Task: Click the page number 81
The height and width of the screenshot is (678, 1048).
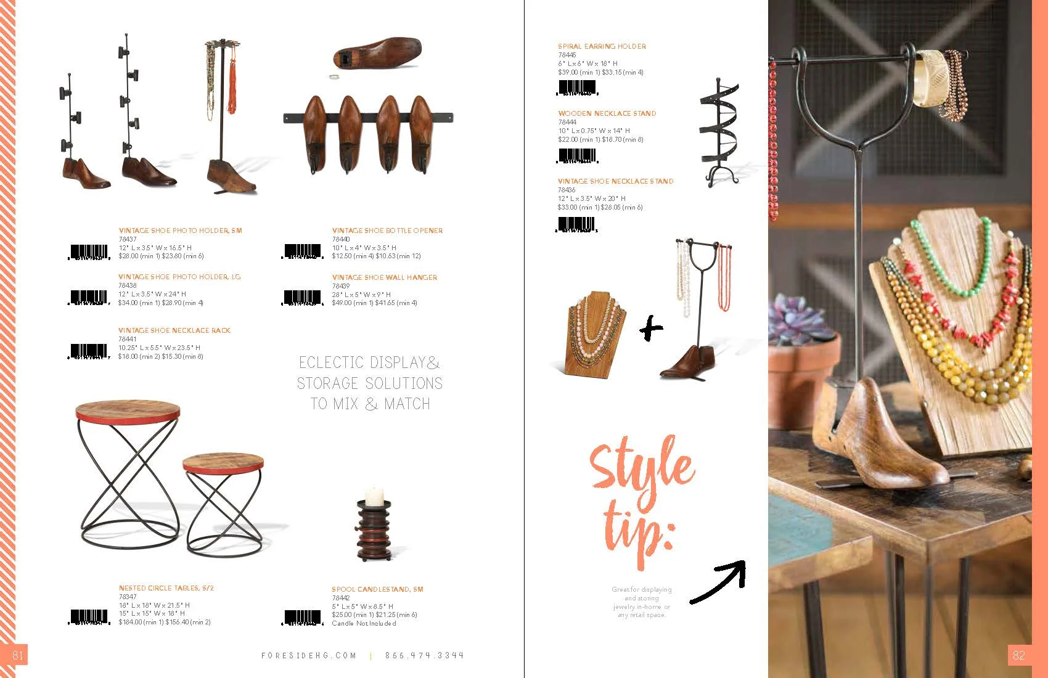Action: click(x=17, y=655)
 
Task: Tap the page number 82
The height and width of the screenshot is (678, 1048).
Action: click(x=1018, y=655)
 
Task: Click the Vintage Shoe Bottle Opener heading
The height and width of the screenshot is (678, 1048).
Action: click(x=387, y=231)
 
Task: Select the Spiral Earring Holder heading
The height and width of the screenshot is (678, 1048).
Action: click(x=602, y=46)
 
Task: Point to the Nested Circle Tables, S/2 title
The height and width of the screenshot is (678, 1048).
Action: click(x=166, y=588)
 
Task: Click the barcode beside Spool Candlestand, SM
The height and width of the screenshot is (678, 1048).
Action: click(x=303, y=617)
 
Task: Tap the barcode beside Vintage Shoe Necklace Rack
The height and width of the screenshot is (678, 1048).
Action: click(x=89, y=351)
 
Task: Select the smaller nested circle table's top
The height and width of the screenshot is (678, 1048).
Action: click(x=223, y=462)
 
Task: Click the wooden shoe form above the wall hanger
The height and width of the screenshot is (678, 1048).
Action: click(x=378, y=52)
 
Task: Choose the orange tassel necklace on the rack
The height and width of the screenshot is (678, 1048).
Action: click(x=232, y=80)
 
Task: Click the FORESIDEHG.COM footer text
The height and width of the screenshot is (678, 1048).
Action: click(x=309, y=656)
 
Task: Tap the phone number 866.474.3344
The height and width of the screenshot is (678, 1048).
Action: click(x=424, y=656)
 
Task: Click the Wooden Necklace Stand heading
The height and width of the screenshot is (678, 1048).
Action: click(x=607, y=113)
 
